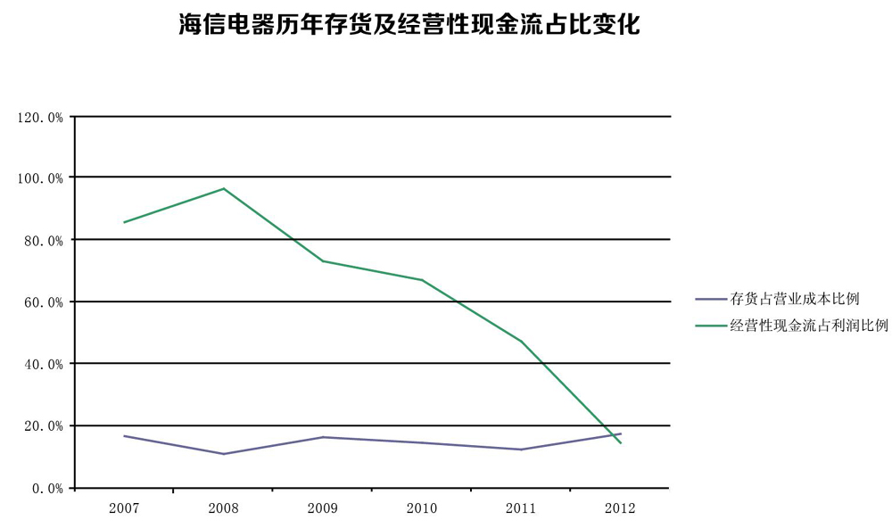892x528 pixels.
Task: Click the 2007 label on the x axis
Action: click(x=123, y=508)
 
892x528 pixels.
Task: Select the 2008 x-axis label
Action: click(x=223, y=508)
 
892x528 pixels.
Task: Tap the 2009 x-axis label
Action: click(x=322, y=508)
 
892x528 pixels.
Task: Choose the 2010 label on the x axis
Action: click(x=421, y=508)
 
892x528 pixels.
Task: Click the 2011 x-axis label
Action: click(x=520, y=508)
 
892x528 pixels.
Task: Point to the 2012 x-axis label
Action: click(x=619, y=508)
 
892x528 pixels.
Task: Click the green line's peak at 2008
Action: click(x=223, y=188)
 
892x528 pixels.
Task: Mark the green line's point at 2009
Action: click(x=322, y=261)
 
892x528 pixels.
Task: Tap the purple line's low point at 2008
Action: click(x=223, y=454)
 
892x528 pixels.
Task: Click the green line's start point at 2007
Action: click(x=124, y=222)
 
